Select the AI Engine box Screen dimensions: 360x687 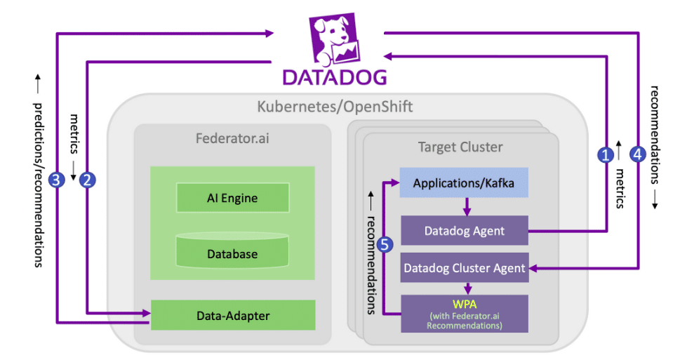232,198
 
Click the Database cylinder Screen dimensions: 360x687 232,253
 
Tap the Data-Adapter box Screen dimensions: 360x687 232,315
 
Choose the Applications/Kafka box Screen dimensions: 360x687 463,183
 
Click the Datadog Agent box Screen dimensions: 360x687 463,230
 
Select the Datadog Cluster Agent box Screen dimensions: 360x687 463,267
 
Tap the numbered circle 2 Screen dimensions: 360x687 87,180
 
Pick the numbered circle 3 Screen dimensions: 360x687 58,180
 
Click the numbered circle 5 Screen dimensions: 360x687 383,244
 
